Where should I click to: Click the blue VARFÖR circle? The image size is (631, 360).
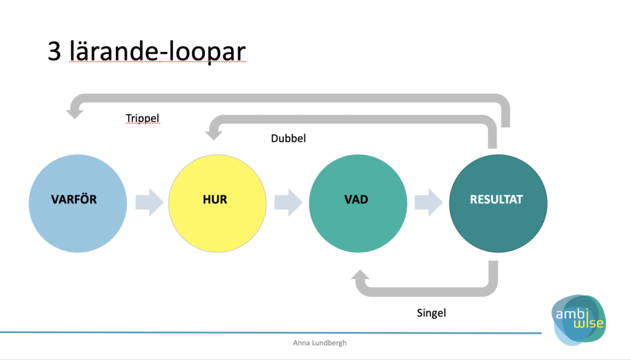coord(78,203)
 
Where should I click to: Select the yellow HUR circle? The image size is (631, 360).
coord(218,203)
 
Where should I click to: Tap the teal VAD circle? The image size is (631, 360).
coord(358,203)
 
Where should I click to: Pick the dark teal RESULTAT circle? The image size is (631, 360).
coord(498,203)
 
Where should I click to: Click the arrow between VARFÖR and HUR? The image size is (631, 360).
coord(149,202)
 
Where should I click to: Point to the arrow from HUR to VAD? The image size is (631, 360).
coord(288,202)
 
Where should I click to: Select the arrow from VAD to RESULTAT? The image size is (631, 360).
coord(429,202)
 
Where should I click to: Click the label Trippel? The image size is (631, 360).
coord(142,118)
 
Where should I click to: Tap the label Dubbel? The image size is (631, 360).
coord(288,138)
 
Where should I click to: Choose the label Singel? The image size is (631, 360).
coord(431,313)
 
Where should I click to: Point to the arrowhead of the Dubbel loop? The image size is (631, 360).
coord(214,133)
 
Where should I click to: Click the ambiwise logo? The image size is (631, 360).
coord(579,320)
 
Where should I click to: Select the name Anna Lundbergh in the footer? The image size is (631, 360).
coord(320,343)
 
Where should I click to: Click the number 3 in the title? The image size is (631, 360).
coord(54,51)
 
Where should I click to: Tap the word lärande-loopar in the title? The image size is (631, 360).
coord(157,52)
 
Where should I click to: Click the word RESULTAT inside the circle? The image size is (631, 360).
coord(496,199)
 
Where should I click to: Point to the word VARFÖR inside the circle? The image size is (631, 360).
coord(74,198)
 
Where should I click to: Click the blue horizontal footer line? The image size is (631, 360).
coord(271,333)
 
